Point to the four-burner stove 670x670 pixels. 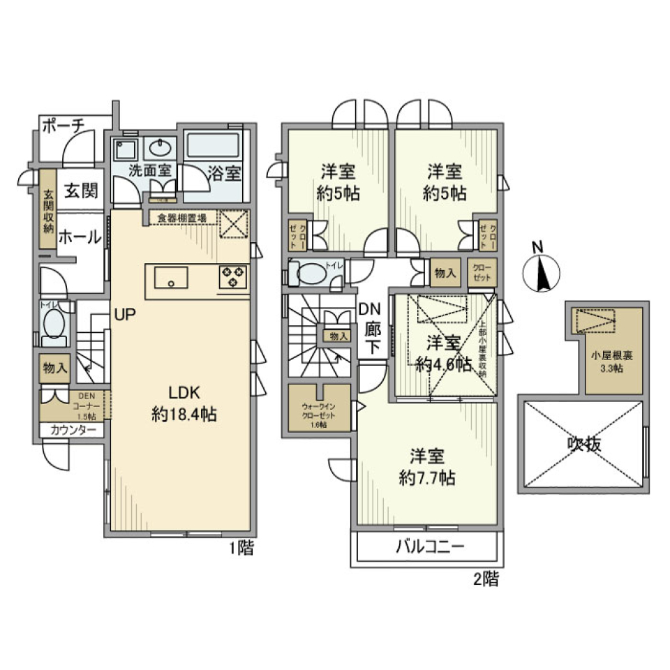pyautogui.click(x=232, y=277)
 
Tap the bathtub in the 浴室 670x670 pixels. pyautogui.click(x=214, y=147)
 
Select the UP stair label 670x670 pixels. pyautogui.click(x=125, y=314)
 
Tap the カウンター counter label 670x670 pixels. pyautogui.click(x=73, y=431)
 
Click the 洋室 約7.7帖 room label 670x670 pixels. pyautogui.click(x=427, y=467)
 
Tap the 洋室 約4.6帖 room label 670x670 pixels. pyautogui.click(x=442, y=354)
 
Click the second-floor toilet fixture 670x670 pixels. pyautogui.click(x=310, y=274)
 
